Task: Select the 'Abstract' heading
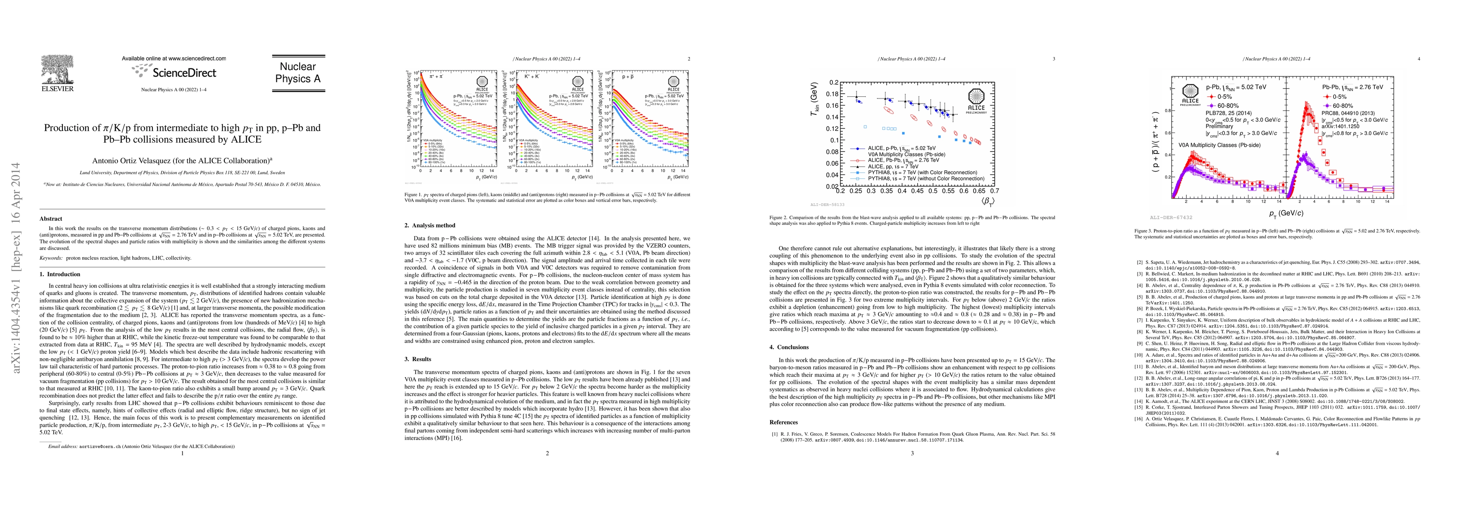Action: [x=51, y=218]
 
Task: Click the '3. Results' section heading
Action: [x=418, y=359]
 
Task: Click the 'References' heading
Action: [x=783, y=422]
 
